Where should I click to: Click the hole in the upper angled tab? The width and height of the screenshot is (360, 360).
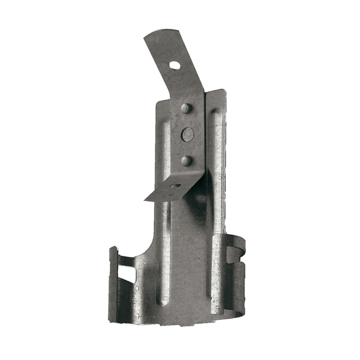click(x=174, y=65)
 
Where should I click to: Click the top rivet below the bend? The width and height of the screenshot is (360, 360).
click(x=186, y=109)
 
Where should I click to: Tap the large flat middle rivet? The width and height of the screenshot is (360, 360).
click(x=188, y=134)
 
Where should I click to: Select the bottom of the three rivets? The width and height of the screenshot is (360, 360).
click(x=187, y=160)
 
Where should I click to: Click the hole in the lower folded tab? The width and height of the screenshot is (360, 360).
click(x=175, y=187)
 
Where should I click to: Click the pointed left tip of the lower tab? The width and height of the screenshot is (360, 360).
click(x=146, y=200)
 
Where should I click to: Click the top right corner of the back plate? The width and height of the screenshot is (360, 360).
click(x=224, y=91)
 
